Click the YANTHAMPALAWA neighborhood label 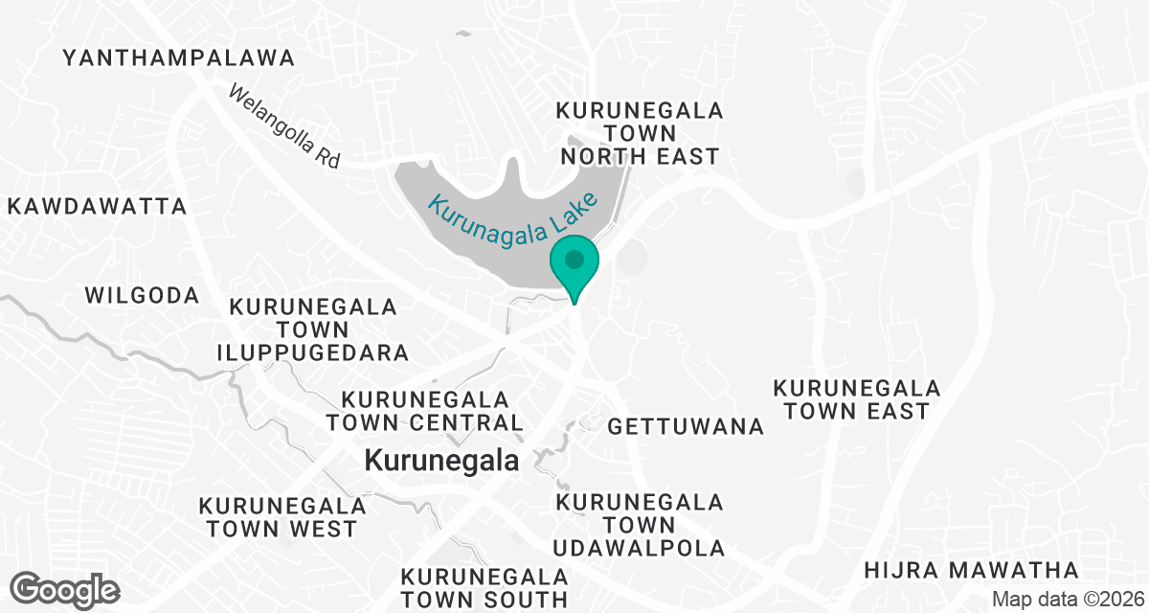pyautogui.click(x=179, y=58)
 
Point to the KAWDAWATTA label pyautogui.click(x=97, y=206)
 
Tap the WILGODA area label pyautogui.click(x=143, y=295)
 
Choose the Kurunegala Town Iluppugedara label pyautogui.click(x=313, y=329)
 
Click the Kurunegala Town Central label pyautogui.click(x=424, y=410)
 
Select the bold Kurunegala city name pyautogui.click(x=441, y=461)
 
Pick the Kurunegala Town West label pyautogui.click(x=282, y=516)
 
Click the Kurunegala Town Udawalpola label pyautogui.click(x=640, y=525)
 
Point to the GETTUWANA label pyautogui.click(x=686, y=426)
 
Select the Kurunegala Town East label pyautogui.click(x=856, y=399)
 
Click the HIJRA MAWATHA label pyautogui.click(x=971, y=571)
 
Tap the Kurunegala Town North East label pyautogui.click(x=640, y=133)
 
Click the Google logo pyautogui.click(x=65, y=589)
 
